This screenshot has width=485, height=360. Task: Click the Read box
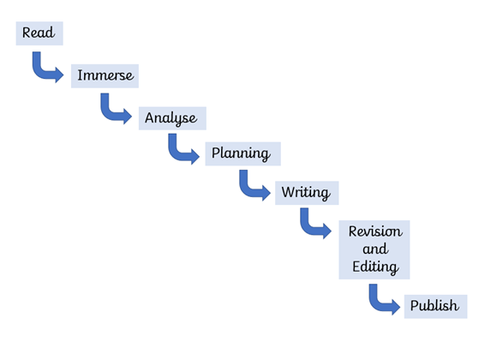(39, 33)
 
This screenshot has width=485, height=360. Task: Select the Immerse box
(105, 76)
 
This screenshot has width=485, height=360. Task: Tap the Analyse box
(172, 118)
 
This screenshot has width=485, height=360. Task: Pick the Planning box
(242, 154)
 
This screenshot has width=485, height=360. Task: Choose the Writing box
(307, 193)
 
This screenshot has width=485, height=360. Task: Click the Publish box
(435, 307)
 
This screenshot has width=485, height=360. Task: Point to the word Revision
(375, 231)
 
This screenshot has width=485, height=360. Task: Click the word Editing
(375, 267)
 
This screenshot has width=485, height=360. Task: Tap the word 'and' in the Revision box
(375, 249)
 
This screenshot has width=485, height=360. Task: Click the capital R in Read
(27, 33)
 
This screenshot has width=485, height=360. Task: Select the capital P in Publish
(415, 306)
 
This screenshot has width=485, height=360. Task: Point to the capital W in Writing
(288, 192)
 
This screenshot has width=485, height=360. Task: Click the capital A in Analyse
(150, 117)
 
